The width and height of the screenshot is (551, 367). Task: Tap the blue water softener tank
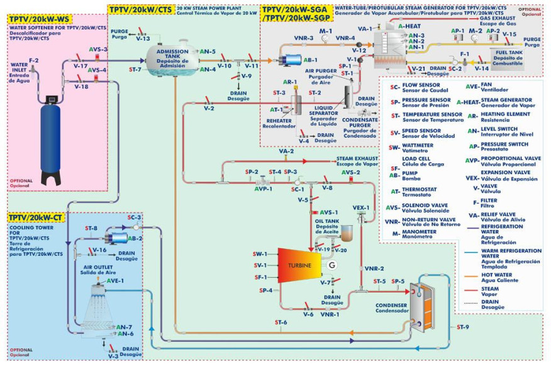point(52,138)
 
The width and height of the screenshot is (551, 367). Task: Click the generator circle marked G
point(332,265)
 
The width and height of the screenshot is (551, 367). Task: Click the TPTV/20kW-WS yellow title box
point(38,19)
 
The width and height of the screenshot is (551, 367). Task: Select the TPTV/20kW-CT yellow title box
point(35,217)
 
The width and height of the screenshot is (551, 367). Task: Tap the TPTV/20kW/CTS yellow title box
point(140,9)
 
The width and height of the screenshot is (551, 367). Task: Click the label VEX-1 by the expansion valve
point(360,207)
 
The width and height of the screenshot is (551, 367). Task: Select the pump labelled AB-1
point(292,60)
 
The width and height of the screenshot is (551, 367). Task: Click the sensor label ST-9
point(462,327)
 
